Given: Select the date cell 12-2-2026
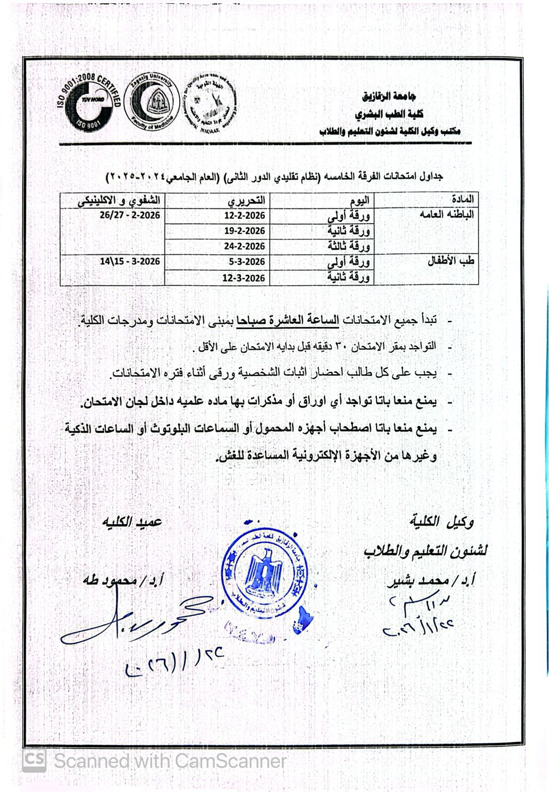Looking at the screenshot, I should (x=244, y=215).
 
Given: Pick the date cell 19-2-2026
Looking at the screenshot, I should (x=244, y=231).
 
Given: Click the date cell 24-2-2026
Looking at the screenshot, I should (x=244, y=246).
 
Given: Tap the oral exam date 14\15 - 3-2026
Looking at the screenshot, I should (x=130, y=261).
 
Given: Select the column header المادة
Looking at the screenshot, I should (x=462, y=199).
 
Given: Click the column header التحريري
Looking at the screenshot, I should (x=246, y=200).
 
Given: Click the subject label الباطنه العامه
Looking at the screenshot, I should (x=446, y=215).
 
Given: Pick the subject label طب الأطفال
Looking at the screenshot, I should (x=451, y=261).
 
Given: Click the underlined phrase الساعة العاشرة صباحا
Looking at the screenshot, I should (x=288, y=320).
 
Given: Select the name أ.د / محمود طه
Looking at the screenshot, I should (x=124, y=580).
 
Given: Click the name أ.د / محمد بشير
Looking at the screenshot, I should (x=430, y=581).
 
